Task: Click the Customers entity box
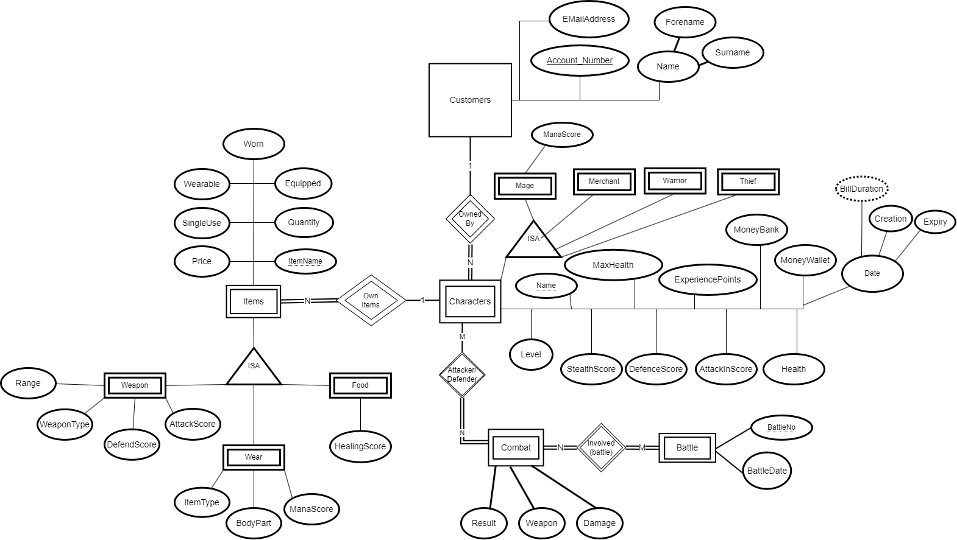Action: pos(470,100)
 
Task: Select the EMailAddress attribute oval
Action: pos(588,19)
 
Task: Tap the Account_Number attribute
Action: pos(579,60)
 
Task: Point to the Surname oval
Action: pos(732,53)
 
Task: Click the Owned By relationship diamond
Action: pos(470,219)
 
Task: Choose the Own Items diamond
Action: pos(371,300)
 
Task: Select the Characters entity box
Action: pos(470,301)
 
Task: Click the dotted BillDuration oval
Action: pos(861,189)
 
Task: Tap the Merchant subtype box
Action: pos(604,181)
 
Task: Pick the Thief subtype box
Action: pos(748,181)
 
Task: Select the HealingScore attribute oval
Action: pos(360,446)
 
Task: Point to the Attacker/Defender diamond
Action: pos(462,374)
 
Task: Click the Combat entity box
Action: pos(516,447)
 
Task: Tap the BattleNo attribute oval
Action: pos(781,427)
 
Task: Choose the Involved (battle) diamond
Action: pos(601,447)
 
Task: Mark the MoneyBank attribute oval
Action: pos(756,230)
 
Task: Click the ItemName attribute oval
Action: pos(305,261)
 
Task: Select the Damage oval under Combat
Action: pos(599,523)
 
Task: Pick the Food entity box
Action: pos(360,385)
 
